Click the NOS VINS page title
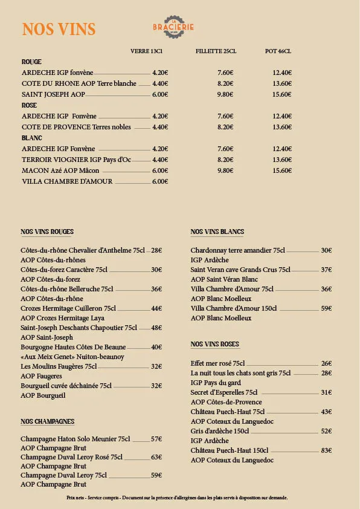59,30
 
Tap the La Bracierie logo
173,27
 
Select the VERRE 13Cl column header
147,51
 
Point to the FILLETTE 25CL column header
216,51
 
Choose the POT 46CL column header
278,51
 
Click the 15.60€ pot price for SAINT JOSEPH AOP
282,94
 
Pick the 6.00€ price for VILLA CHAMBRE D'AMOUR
160,181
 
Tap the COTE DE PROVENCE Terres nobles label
76,127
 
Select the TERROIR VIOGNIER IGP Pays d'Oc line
76,160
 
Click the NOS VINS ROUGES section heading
47,232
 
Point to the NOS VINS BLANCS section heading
217,232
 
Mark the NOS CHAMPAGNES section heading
48,421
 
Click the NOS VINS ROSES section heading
215,344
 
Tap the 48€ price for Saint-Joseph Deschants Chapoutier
156,328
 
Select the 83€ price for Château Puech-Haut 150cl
326,450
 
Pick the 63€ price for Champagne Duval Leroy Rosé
156,457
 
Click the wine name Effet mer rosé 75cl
218,363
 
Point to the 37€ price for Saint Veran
326,270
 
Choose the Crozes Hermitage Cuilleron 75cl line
68,308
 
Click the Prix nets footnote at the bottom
177,498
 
